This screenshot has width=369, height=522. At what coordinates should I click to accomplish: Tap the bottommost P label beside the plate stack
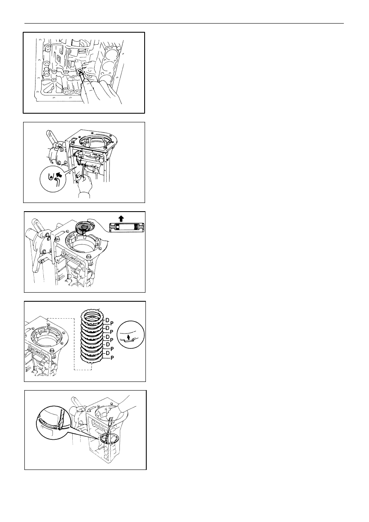[x=112, y=358]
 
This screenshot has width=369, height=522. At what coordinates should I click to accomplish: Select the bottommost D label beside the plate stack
[x=107, y=353]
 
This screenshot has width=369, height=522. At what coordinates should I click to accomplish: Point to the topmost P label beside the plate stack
[x=112, y=324]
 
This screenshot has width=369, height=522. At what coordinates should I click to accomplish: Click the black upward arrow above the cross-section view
[x=121, y=218]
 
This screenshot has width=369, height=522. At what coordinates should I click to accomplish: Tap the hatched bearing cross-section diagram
[x=127, y=227]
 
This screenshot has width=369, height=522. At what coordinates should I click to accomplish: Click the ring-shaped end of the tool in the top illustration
[x=80, y=70]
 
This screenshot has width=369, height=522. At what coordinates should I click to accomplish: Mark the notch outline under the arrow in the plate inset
[x=128, y=341]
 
